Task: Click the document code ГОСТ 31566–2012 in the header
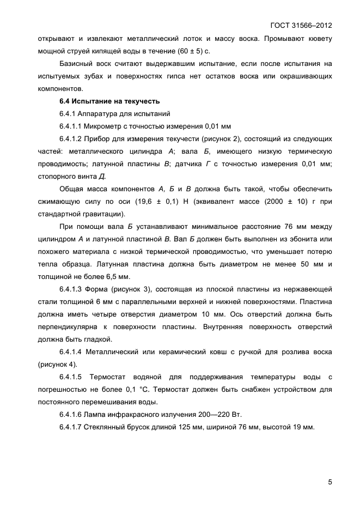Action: [x=301, y=26]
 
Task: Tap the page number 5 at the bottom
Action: [x=330, y=482]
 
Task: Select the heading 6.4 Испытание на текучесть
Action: [x=109, y=101]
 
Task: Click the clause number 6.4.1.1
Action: [x=72, y=126]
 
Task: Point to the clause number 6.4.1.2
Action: [x=72, y=139]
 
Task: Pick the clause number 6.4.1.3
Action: [x=72, y=289]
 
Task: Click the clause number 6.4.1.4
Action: [x=72, y=351]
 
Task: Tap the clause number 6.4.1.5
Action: [x=72, y=377]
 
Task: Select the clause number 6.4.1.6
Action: [x=72, y=415]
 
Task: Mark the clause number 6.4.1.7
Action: [x=72, y=427]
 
